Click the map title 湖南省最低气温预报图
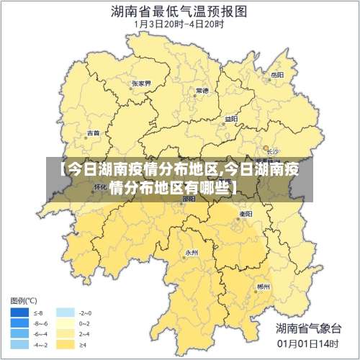point(179,11)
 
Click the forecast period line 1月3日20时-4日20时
point(179,24)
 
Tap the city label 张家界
point(141,84)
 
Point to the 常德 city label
point(202,91)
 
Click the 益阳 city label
point(230,119)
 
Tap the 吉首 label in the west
point(94,133)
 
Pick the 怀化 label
point(100,186)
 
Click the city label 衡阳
point(245,214)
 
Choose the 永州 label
point(191,253)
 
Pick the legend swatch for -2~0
point(66,313)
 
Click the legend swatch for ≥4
point(66,344)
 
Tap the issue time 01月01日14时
point(307,344)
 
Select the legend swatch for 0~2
point(66,323)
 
